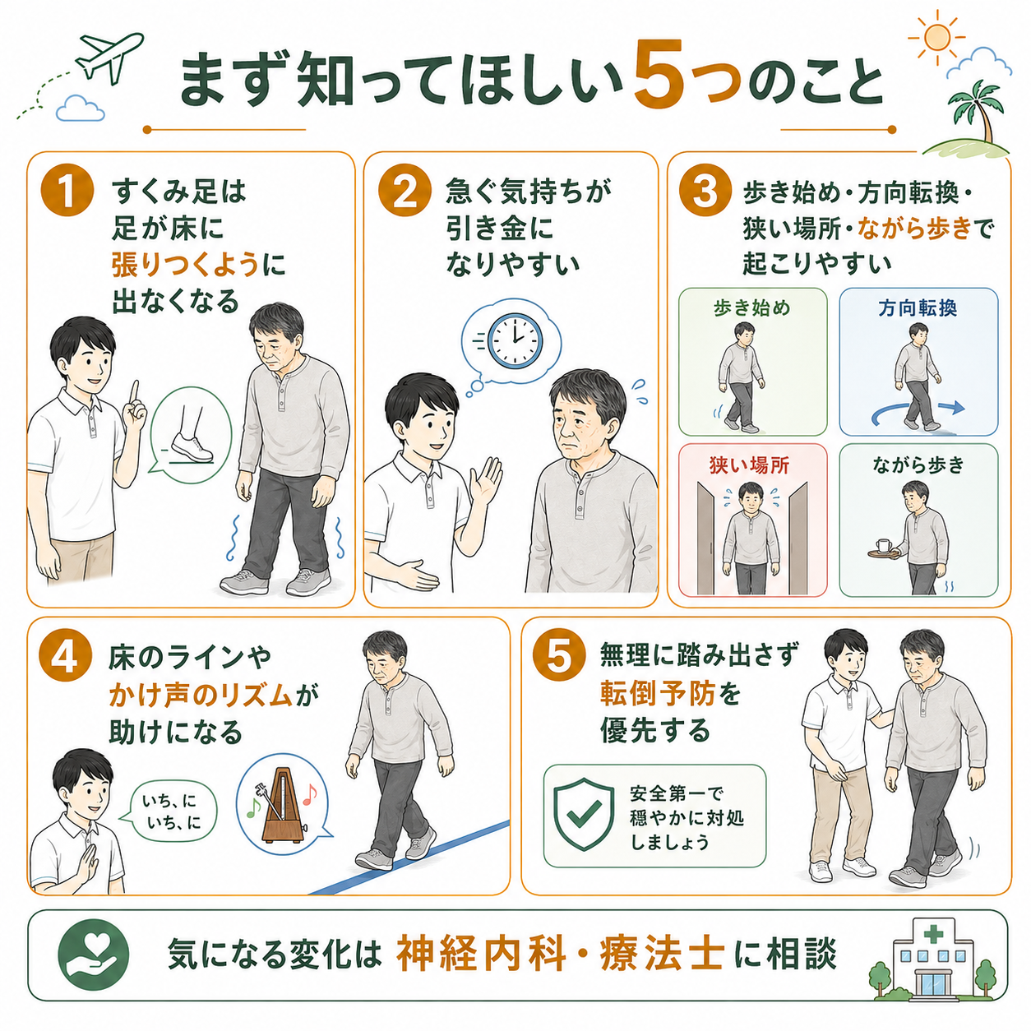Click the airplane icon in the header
(x=109, y=58)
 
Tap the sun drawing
(x=936, y=37)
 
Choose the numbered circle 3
(x=705, y=191)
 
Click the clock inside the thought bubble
(x=515, y=341)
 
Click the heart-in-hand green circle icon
(x=94, y=955)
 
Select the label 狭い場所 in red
(x=749, y=465)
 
